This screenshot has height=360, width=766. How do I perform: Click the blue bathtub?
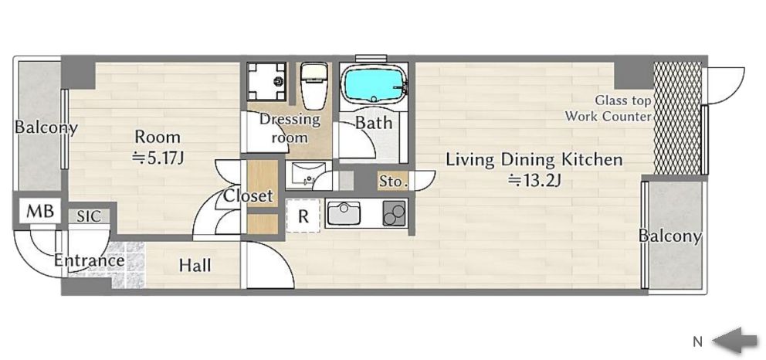click(374, 84)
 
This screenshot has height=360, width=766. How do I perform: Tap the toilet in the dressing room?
click(314, 86)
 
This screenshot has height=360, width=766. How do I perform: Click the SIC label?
click(89, 216)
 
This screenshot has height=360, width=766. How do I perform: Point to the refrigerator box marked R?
click(303, 216)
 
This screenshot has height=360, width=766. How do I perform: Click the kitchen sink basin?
click(344, 213)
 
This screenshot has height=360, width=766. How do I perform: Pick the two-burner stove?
click(395, 213)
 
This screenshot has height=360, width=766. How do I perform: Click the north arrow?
click(735, 340)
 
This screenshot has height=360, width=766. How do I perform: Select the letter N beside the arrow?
click(697, 342)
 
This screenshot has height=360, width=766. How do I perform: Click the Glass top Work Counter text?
click(608, 108)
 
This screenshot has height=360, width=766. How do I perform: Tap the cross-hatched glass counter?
click(677, 117)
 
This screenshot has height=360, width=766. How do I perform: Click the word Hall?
click(195, 265)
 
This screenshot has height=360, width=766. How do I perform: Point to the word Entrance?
click(89, 260)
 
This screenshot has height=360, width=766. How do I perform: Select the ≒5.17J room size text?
click(158, 158)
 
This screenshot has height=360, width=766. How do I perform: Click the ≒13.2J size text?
click(534, 181)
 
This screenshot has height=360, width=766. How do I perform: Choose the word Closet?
click(248, 196)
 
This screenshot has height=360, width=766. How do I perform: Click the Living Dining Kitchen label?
click(534, 160)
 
